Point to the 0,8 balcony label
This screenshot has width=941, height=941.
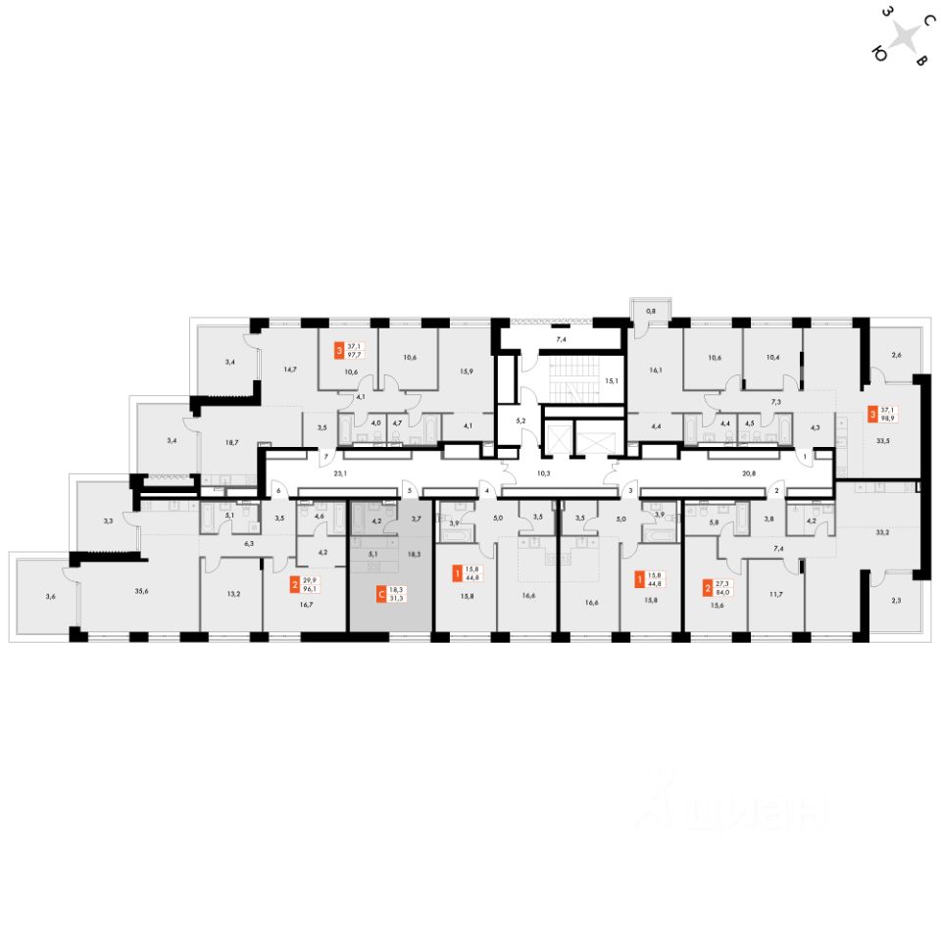coord(649,312)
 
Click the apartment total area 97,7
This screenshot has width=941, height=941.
coord(354,355)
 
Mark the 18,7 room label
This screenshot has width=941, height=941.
coord(231,443)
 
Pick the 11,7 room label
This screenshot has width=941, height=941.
coord(775,593)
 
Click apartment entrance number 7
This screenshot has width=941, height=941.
coord(325,458)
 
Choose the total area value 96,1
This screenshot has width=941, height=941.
coord(313,590)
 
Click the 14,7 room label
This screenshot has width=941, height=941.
coord(289,369)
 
